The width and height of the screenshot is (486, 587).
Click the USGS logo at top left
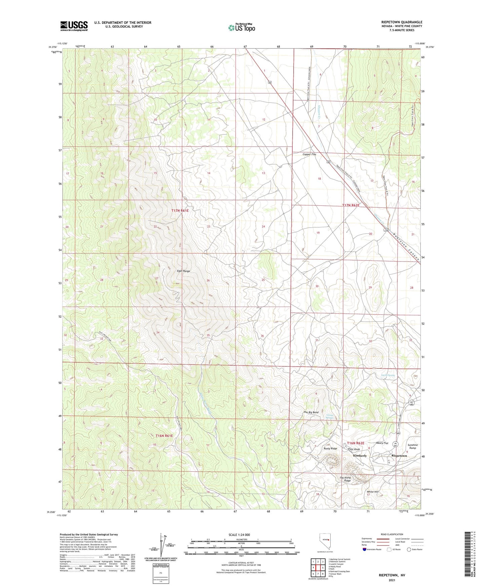coord(74,26)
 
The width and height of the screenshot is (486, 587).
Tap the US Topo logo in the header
coord(241,28)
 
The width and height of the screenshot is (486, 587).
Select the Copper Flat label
coord(309,154)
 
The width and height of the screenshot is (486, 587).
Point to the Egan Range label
coord(183,271)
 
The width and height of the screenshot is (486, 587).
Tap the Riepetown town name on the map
coord(399,456)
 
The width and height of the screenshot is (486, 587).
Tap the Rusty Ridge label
coord(330,448)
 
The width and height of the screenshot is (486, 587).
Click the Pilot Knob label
coord(354,449)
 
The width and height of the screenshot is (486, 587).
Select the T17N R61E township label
coord(180,210)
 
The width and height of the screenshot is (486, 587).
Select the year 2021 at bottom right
coord(392,580)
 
